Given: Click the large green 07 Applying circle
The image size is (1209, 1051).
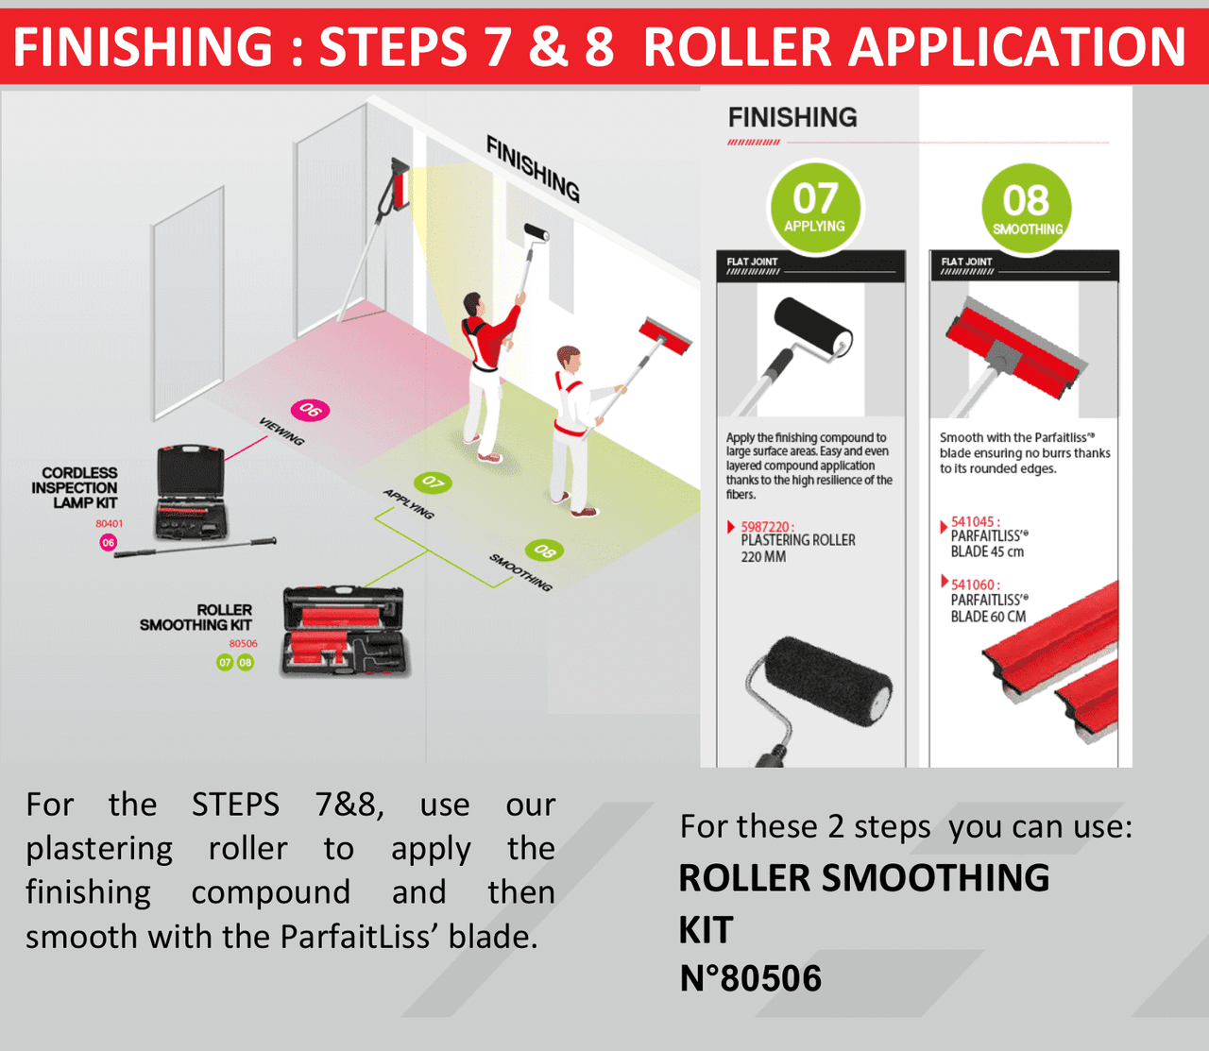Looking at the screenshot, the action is point(815,208).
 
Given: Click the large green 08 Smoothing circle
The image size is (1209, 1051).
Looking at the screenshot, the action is point(1027,209).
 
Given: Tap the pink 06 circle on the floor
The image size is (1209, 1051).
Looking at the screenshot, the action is point(310,410).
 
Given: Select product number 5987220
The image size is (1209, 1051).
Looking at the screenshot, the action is point(767,526).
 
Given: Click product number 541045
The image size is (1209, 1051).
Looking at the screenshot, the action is point(975,521).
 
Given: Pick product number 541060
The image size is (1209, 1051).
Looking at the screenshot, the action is point(975,585).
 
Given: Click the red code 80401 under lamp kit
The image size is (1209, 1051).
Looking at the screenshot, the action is point(110,523).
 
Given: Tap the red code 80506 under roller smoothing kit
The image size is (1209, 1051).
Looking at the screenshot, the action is point(244,643).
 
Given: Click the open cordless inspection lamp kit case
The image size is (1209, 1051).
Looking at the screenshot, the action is point(191,493).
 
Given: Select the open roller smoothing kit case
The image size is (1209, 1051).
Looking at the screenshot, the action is point(345,631).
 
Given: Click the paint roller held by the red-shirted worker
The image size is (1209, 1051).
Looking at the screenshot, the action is point(537,232).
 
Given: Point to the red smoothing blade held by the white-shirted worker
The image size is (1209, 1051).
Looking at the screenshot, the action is point(665,336).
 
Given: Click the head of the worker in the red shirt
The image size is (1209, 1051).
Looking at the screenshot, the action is point(473,305).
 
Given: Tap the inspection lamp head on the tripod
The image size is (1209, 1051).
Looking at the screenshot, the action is point(400,181).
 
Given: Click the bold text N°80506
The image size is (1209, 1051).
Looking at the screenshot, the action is point(751,978).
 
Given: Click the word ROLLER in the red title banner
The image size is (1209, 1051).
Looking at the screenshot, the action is point(738,46).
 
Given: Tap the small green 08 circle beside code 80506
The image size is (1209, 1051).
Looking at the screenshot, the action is point(246,662).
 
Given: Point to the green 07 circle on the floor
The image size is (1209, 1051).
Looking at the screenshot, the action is point(434,483).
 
